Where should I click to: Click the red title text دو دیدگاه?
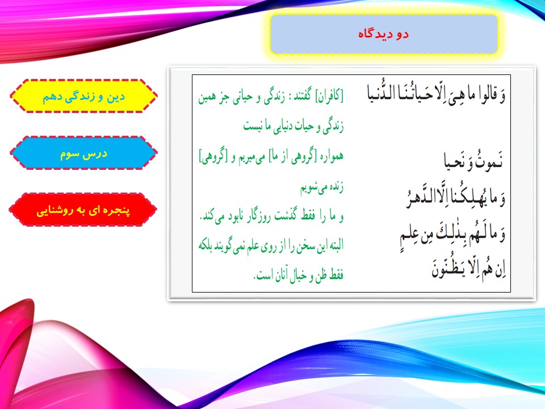coord(383,34)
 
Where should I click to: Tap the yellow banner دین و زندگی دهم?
coord(83,96)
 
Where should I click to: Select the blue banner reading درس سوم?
coord(83,153)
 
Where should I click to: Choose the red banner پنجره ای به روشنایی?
coord(83,210)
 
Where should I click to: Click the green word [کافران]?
coord(329,95)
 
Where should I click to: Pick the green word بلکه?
coord(208,245)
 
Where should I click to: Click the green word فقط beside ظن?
coord(336,275)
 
